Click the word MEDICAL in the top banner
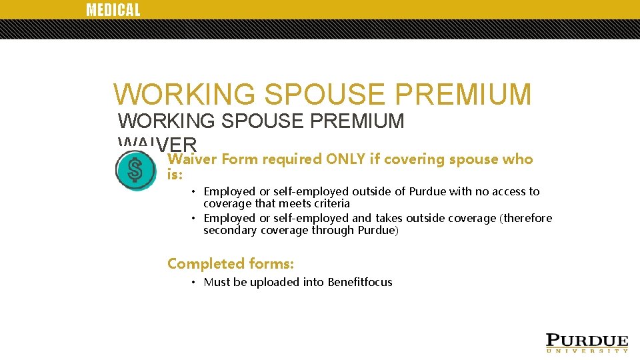coord(113,10)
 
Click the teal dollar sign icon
coord(135,171)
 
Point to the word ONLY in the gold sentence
coord(345,159)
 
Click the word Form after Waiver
coord(239,159)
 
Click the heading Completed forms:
coord(231,263)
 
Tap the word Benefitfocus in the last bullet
coord(360,282)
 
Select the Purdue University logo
coord(587,342)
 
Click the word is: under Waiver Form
coord(175,174)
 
